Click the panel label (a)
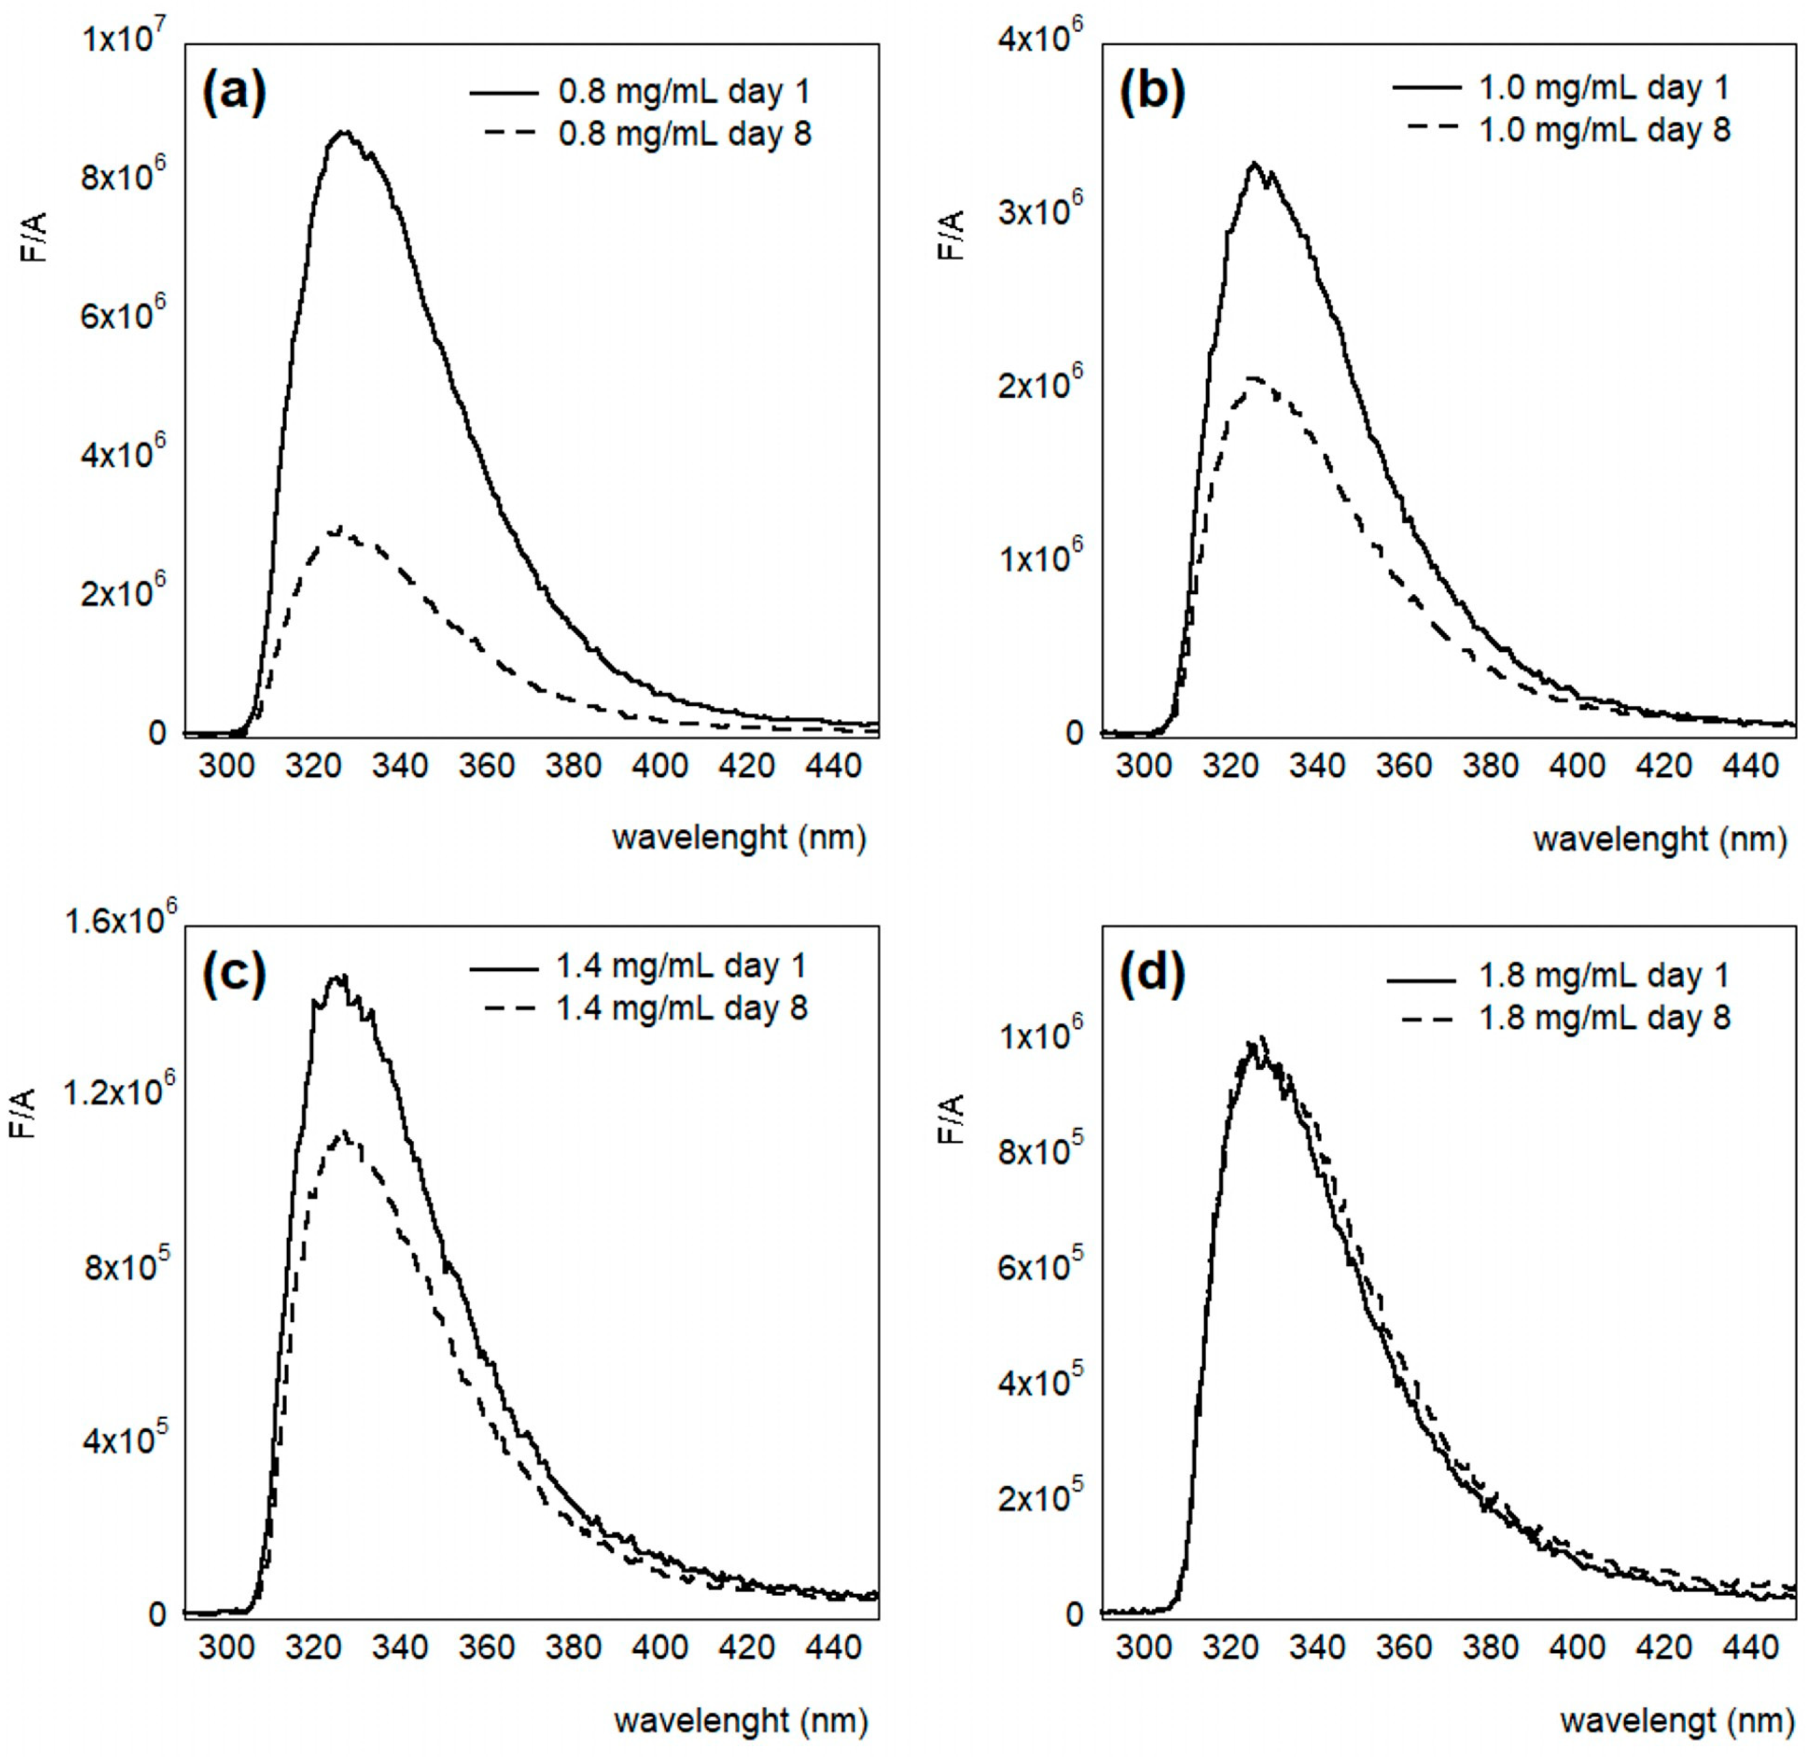point(234,92)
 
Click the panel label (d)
point(1152,977)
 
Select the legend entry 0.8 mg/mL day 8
point(684,135)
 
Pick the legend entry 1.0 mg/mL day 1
point(1603,88)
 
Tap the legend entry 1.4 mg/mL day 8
point(681,1007)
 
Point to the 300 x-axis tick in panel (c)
point(227,1647)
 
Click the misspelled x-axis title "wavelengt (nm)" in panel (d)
point(1670,1720)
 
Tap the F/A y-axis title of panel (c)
point(28,1113)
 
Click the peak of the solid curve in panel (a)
point(344,132)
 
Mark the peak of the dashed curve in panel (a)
point(340,529)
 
